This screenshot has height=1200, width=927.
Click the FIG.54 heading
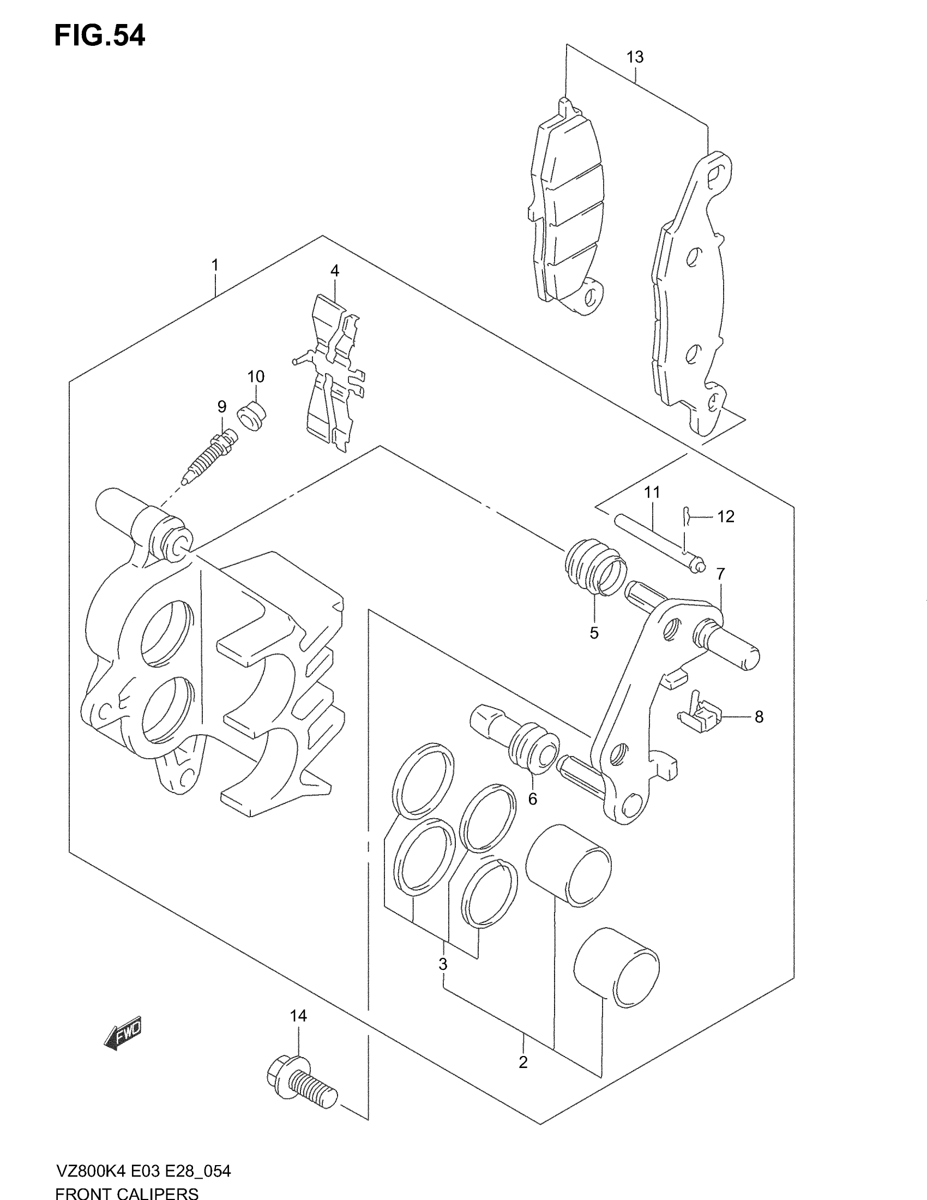(99, 36)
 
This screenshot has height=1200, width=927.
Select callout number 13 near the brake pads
(635, 57)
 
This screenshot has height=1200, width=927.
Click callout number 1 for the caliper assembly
(215, 266)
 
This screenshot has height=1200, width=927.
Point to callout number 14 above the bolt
(298, 1016)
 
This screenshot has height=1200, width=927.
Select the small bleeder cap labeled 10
(251, 416)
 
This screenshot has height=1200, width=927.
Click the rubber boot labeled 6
(532, 748)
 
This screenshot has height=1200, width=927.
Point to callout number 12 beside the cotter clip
(725, 517)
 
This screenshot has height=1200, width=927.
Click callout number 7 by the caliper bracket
(720, 574)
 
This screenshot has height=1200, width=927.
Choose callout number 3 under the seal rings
(443, 963)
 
